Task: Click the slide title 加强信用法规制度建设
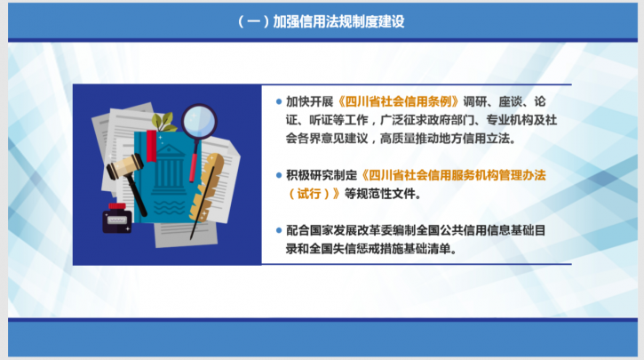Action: pos(338,21)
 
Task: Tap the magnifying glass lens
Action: pos(199,121)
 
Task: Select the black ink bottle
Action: pos(117,218)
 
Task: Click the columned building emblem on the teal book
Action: pos(169,170)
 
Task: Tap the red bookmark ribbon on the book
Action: pos(152,146)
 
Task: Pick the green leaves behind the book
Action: pos(163,122)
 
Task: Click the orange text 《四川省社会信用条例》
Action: pos(398,101)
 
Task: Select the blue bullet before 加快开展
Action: pos(279,101)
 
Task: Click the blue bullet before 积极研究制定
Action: pos(279,175)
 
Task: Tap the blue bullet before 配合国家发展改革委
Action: pos(279,230)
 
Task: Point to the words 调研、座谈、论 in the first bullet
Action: pos(505,101)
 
